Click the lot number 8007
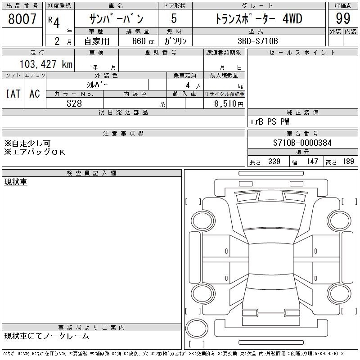click(22, 19)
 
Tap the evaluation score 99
click(343, 18)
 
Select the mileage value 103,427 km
click(46, 64)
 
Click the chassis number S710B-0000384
click(302, 143)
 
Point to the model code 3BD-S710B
click(258, 41)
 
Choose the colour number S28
click(74, 103)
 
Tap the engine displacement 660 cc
click(143, 41)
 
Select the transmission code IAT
click(13, 94)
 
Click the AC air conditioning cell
click(35, 94)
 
